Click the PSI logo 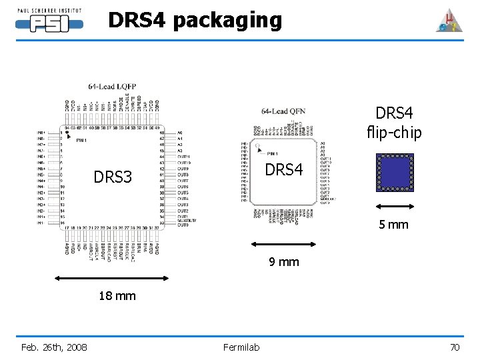click(x=49, y=24)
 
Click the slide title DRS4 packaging click(x=195, y=20)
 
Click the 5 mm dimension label click(x=393, y=225)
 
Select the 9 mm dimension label click(x=284, y=262)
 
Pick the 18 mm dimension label click(x=117, y=295)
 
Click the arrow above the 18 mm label click(x=117, y=278)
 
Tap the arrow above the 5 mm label click(x=394, y=207)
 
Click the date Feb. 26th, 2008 click(x=54, y=347)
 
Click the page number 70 click(x=455, y=347)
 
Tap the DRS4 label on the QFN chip click(x=284, y=171)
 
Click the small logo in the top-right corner click(x=448, y=21)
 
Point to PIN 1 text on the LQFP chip click(x=81, y=141)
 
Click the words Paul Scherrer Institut click(x=49, y=11)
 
